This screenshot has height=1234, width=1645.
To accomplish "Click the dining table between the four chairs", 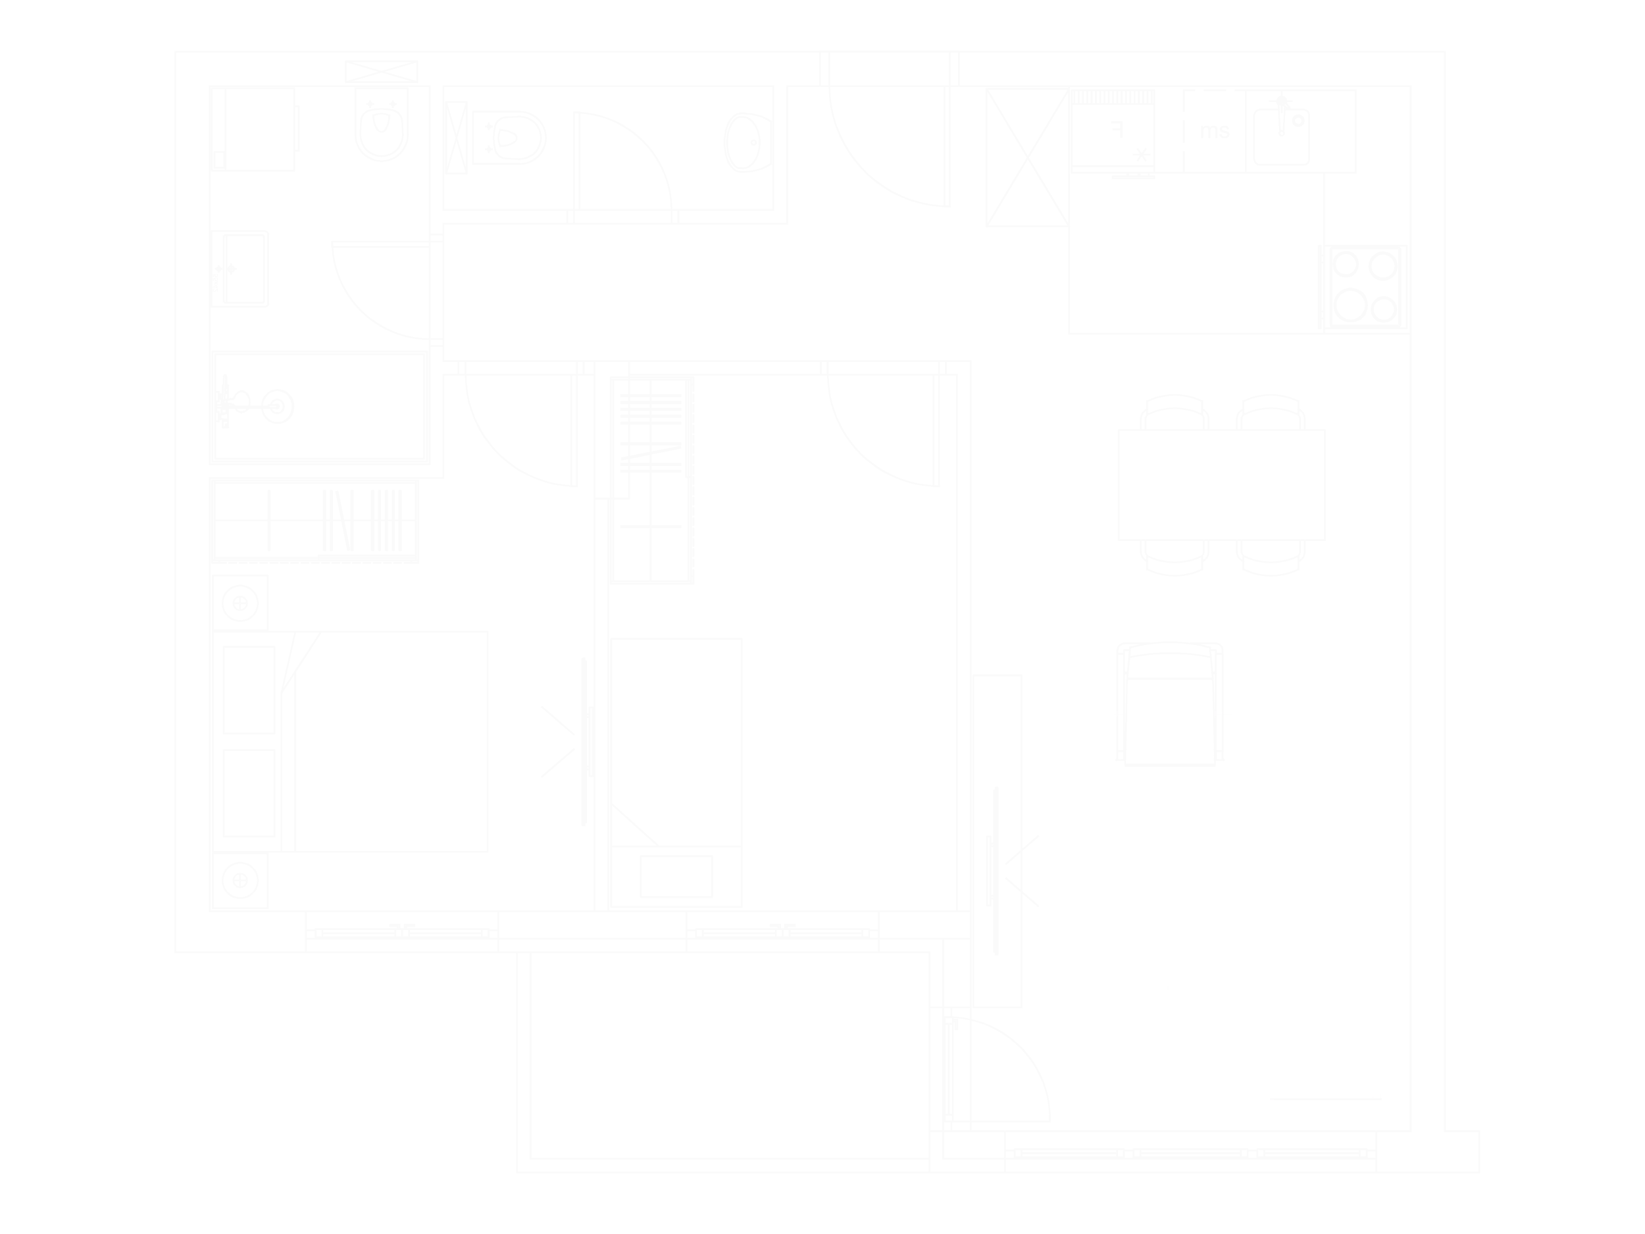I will click(1221, 484).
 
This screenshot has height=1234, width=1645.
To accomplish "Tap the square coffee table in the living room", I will click(1171, 879).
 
